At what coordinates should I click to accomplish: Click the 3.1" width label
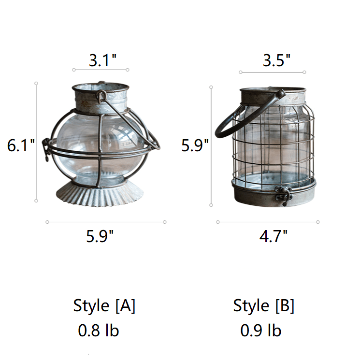[x=102, y=60]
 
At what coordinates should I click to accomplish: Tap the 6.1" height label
[x=21, y=145]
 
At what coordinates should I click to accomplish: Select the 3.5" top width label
[x=276, y=60]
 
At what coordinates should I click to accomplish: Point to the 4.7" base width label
[x=273, y=236]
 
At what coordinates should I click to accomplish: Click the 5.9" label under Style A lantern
[x=100, y=236]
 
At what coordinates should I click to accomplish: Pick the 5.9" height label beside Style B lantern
[x=195, y=145]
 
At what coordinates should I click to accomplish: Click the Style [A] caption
[x=104, y=306]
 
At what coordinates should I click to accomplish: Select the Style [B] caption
[x=263, y=306]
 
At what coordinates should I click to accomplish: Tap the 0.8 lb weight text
[x=99, y=331]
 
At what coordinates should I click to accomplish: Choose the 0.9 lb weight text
[x=261, y=331]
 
